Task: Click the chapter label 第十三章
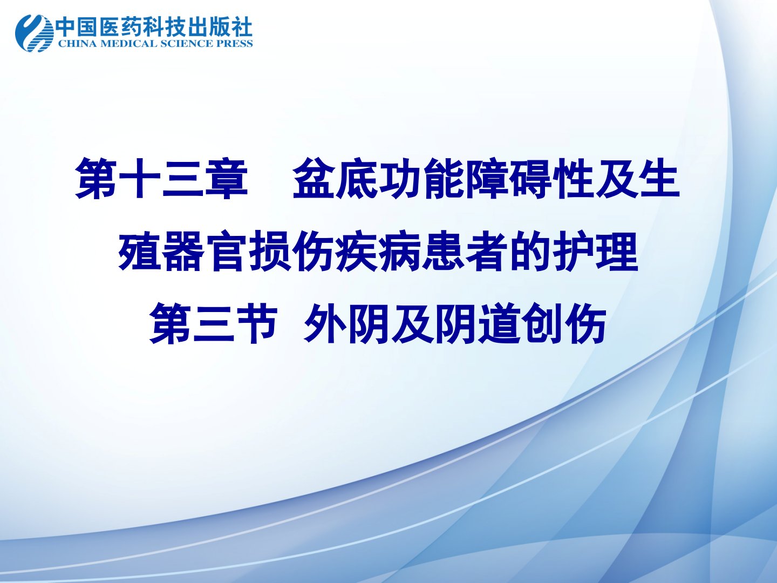click(x=161, y=179)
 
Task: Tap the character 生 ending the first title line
click(x=659, y=179)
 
